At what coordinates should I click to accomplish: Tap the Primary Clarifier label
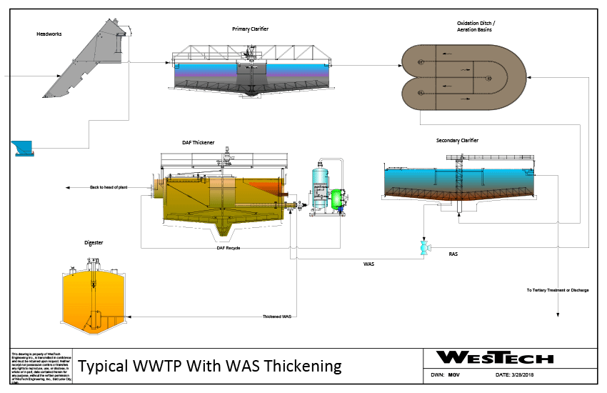click(x=250, y=29)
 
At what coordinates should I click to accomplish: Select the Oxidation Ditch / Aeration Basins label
click(x=476, y=26)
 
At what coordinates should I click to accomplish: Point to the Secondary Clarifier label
click(x=457, y=141)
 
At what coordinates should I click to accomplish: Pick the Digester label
click(x=94, y=243)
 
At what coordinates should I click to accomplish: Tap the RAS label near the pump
click(x=453, y=254)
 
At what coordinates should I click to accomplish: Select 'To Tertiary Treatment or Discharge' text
click(x=558, y=290)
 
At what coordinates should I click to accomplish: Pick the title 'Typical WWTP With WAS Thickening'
click(x=210, y=367)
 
